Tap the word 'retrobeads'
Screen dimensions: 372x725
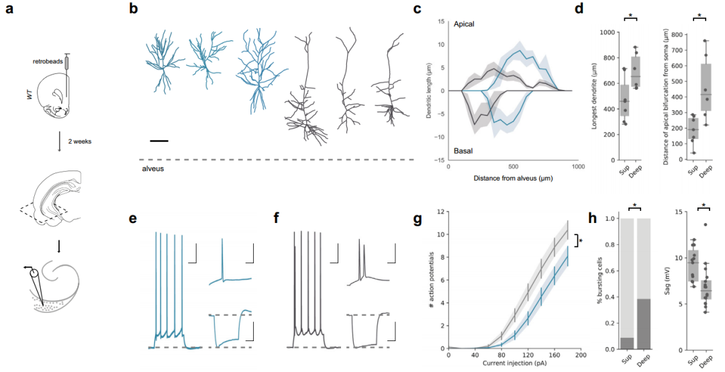(x=48, y=61)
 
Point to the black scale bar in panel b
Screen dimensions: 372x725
(x=159, y=141)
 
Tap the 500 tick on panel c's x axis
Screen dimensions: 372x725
(x=512, y=166)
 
